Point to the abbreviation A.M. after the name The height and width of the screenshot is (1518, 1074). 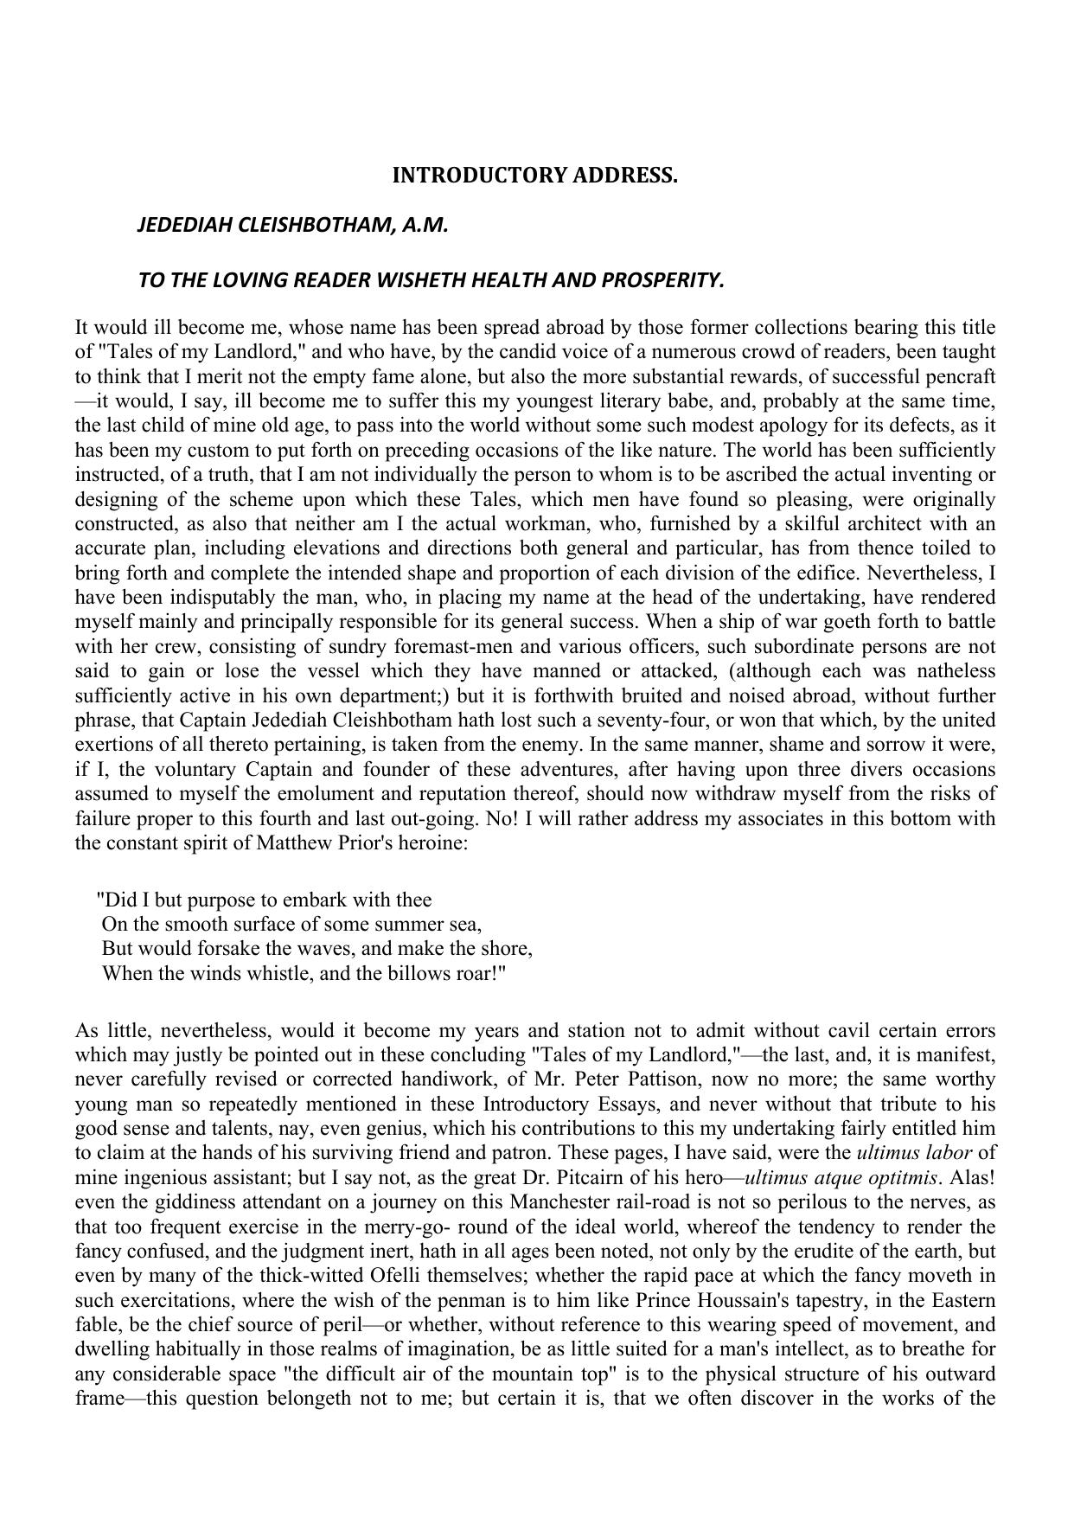tap(425, 226)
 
